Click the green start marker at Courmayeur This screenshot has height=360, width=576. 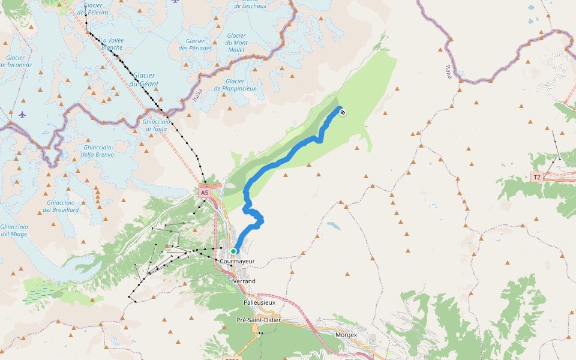[233, 251]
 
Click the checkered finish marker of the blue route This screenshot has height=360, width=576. [342, 112]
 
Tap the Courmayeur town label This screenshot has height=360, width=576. [238, 262]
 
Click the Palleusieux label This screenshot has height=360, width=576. [259, 302]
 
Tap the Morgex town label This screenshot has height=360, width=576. [346, 335]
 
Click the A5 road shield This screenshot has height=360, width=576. [205, 193]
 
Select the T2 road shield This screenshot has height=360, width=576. [536, 177]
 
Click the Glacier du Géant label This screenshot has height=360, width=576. [144, 79]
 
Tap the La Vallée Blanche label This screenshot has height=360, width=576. [112, 44]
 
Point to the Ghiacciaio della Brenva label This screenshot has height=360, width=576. [97, 151]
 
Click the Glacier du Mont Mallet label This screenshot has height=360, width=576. [237, 43]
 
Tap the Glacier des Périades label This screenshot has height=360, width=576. [195, 44]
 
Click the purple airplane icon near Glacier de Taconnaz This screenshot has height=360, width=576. [22, 114]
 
